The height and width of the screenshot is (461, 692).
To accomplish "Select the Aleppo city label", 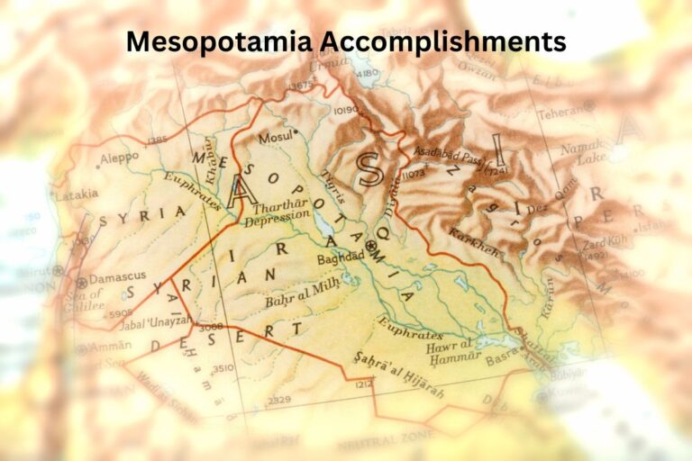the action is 119,157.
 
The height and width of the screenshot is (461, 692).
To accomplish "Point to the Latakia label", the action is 76,194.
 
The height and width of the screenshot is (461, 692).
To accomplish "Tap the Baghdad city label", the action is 341,256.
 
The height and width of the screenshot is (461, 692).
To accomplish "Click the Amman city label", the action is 110,345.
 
